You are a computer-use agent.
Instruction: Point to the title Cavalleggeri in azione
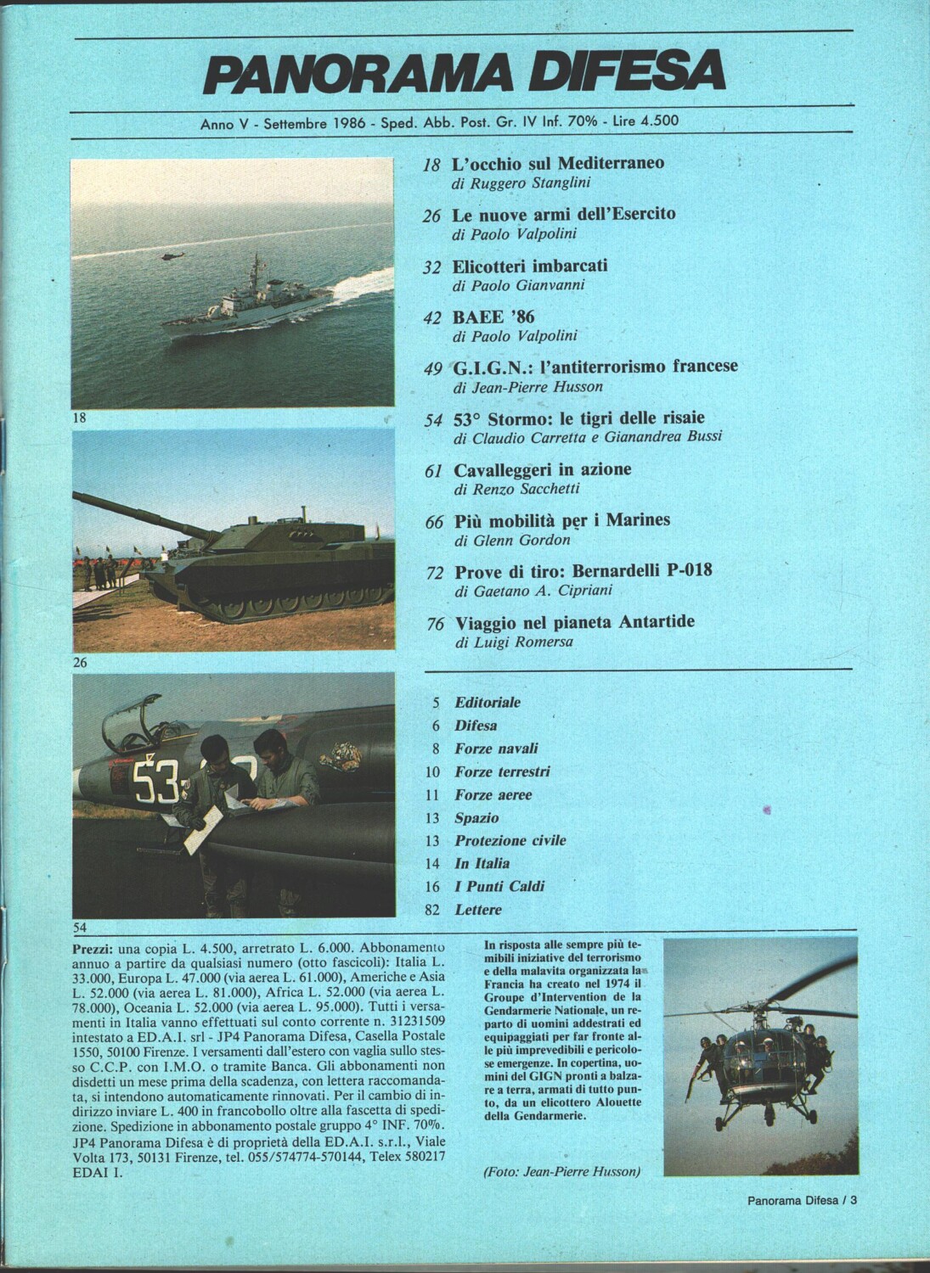tap(543, 469)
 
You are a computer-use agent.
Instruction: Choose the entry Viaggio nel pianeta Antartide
tap(574, 622)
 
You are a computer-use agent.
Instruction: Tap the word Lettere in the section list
tap(478, 910)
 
